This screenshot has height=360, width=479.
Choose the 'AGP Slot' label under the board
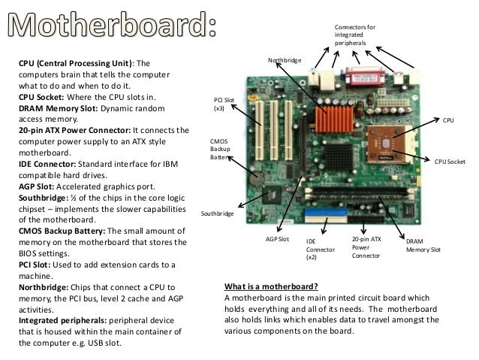click(277, 238)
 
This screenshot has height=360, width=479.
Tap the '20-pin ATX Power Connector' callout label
click(367, 247)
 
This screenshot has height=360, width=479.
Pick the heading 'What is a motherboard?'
click(271, 286)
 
